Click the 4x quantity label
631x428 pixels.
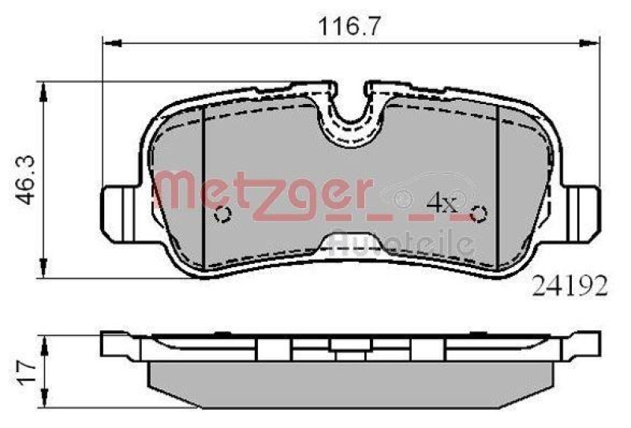point(441,203)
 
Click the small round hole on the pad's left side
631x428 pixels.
point(222,214)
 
